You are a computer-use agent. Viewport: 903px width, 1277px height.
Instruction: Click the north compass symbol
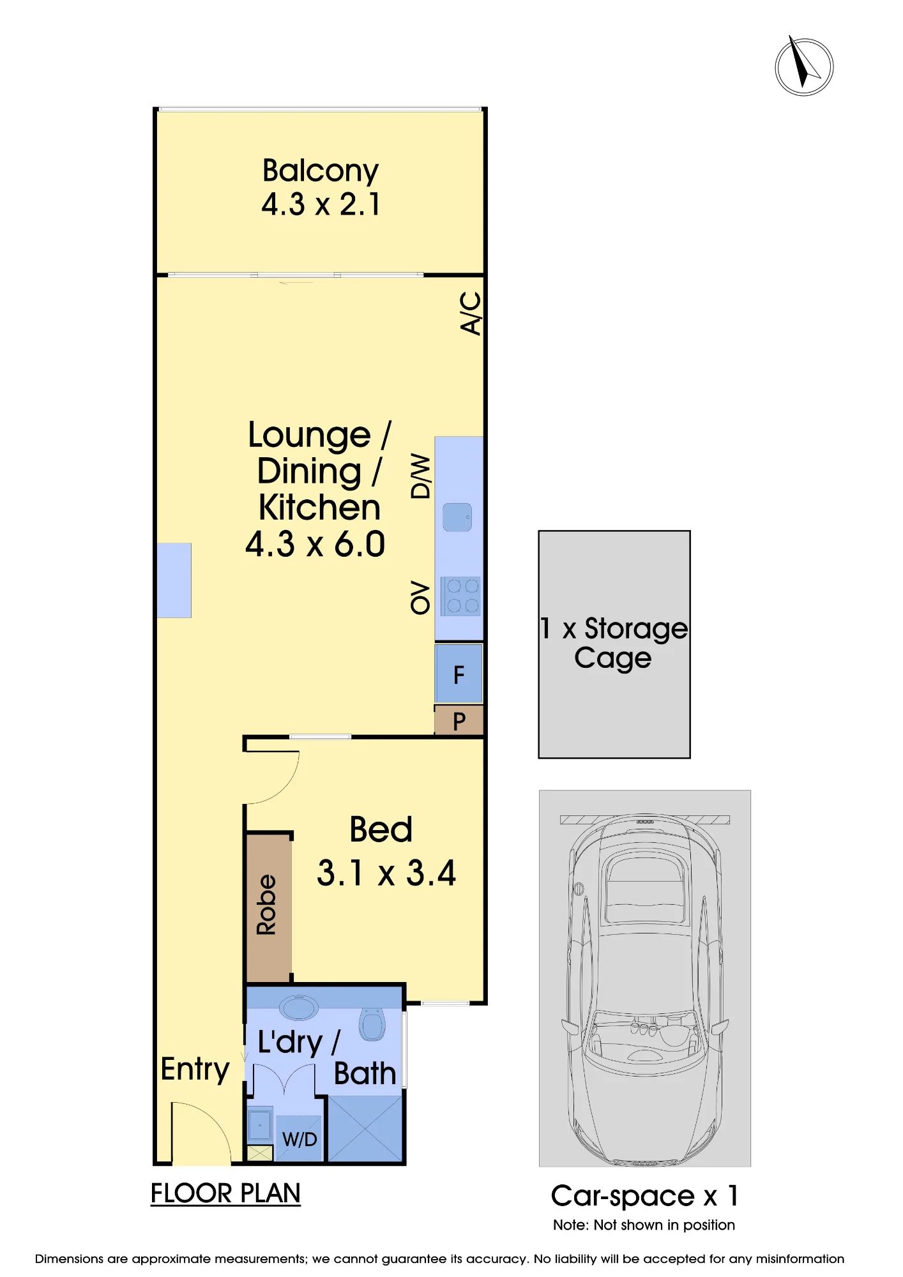click(804, 66)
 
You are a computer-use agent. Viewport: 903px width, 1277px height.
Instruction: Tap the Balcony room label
click(321, 171)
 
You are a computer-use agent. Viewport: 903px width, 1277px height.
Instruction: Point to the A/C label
click(471, 313)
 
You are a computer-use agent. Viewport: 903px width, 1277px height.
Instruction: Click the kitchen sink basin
click(457, 517)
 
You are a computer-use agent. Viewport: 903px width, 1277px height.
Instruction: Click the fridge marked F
click(459, 674)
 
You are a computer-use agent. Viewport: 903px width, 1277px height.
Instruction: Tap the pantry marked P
click(459, 721)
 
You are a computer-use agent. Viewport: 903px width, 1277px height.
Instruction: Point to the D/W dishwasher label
click(420, 476)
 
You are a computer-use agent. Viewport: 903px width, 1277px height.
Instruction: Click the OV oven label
click(420, 598)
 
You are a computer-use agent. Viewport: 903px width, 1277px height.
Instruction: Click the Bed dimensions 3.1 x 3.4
click(386, 873)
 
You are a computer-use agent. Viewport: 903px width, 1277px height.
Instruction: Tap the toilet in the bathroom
click(372, 1024)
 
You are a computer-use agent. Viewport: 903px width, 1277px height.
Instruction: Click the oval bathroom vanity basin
click(298, 1008)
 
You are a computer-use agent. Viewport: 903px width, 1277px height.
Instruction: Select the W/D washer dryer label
click(300, 1139)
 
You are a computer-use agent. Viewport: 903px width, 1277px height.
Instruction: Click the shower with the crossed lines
click(365, 1128)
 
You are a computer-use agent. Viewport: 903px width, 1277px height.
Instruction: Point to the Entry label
click(195, 1069)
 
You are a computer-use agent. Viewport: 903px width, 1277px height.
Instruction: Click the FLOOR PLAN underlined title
click(225, 1193)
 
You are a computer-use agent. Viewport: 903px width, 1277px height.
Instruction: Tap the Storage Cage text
click(614, 644)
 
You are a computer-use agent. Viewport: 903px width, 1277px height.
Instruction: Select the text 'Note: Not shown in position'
click(644, 1225)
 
